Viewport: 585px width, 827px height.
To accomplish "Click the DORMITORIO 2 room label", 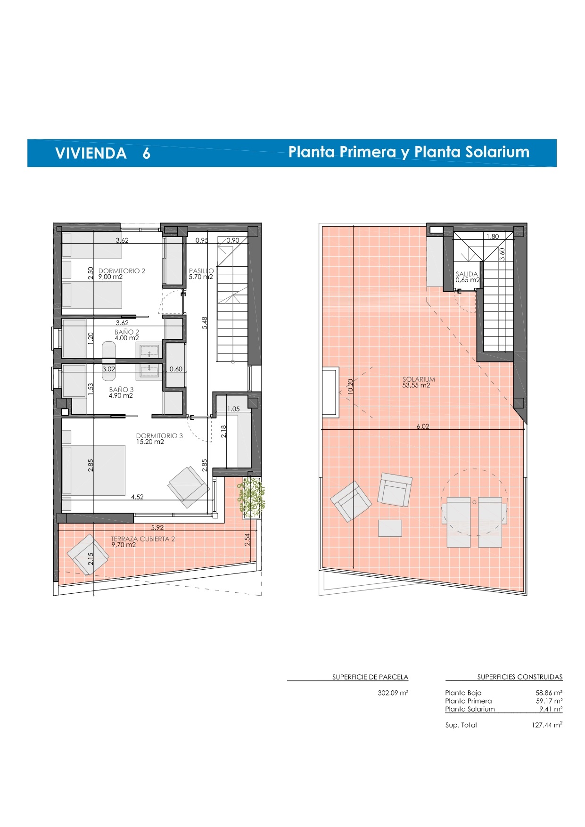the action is point(122,271).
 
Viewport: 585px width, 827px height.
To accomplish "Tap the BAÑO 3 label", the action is point(121,390).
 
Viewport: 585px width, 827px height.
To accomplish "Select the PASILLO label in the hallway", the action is point(201,271).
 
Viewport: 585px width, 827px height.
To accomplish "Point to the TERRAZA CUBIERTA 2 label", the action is point(143,539).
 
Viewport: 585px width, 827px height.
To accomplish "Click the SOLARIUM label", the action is point(419,379).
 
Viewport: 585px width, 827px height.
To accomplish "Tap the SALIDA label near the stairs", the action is point(467,274).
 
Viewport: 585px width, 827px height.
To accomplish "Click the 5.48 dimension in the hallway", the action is point(205,323).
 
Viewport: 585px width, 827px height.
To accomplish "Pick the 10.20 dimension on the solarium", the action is point(350,387).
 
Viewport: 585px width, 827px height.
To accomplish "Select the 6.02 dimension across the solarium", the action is point(423,426).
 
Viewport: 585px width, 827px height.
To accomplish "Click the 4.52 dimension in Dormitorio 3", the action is point(137,497).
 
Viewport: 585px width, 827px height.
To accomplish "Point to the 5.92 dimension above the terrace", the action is point(157,528).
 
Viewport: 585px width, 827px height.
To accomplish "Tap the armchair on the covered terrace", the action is point(88,555).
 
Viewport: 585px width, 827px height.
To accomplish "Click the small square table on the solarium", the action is point(390,528).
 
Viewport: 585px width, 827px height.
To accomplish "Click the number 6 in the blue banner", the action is point(147,153).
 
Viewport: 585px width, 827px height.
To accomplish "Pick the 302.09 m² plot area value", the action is point(393,693).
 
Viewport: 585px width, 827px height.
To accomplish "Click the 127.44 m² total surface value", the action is point(547,725).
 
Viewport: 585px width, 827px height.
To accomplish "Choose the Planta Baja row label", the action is point(463,693).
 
